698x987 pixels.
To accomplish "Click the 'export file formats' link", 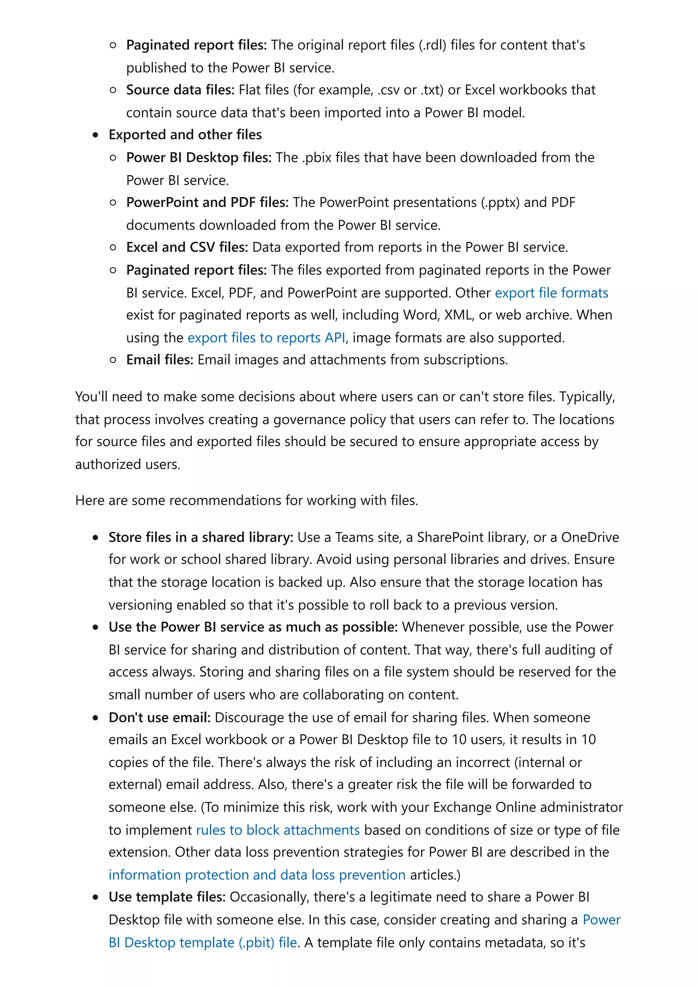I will [x=551, y=293].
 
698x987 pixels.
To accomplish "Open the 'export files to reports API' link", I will [x=266, y=338].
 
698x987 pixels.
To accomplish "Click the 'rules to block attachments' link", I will [x=278, y=830].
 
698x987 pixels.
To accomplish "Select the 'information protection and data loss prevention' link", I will [x=257, y=875].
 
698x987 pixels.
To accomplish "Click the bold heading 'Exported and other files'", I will [x=185, y=135].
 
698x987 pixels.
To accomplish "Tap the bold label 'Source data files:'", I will [x=180, y=90].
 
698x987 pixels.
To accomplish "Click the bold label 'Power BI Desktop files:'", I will [x=199, y=157].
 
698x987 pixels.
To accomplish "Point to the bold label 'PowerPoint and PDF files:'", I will [x=207, y=202].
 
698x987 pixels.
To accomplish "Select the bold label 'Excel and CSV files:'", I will [x=187, y=247].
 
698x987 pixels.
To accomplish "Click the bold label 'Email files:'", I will [x=160, y=359].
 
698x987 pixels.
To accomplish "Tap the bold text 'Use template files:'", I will [x=167, y=897].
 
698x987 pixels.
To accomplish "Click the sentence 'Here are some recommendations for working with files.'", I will [x=246, y=500].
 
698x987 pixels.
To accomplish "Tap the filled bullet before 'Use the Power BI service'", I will [x=95, y=627].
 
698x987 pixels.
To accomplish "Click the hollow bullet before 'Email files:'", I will [x=113, y=360].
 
